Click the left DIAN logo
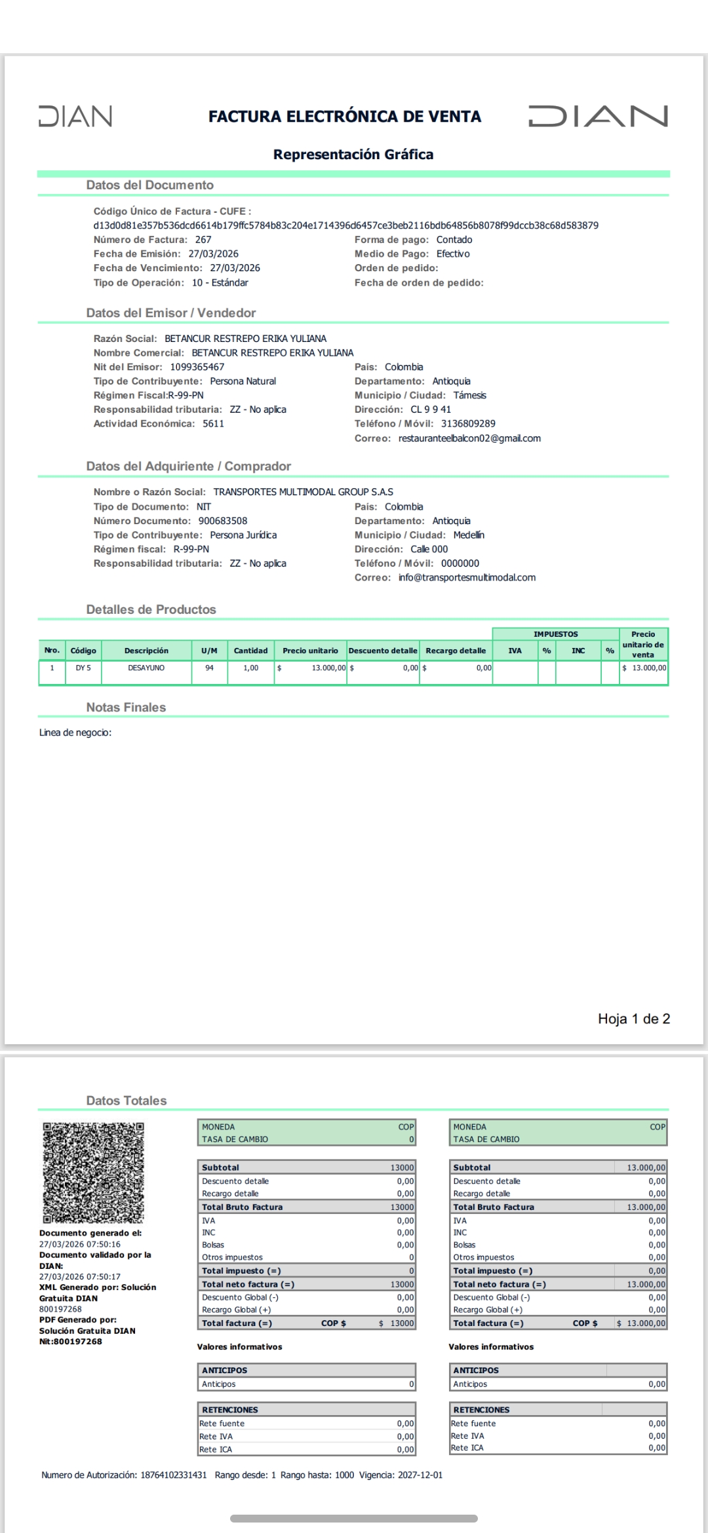(75, 116)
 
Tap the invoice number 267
(203, 240)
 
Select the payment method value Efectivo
(453, 254)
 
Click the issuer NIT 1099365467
(197, 368)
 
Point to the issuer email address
(469, 438)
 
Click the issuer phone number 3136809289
(468, 424)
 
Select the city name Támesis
(469, 396)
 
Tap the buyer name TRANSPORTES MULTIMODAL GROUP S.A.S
(303, 492)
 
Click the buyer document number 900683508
(223, 521)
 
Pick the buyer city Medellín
(469, 535)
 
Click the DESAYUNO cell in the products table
(146, 668)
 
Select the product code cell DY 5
(83, 668)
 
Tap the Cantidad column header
(250, 651)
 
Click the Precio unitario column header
(310, 651)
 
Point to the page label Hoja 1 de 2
(633, 1019)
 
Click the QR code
(93, 1173)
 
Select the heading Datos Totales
(127, 1101)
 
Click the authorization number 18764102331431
(173, 1475)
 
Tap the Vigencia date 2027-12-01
(420, 1475)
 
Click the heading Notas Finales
(126, 708)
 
